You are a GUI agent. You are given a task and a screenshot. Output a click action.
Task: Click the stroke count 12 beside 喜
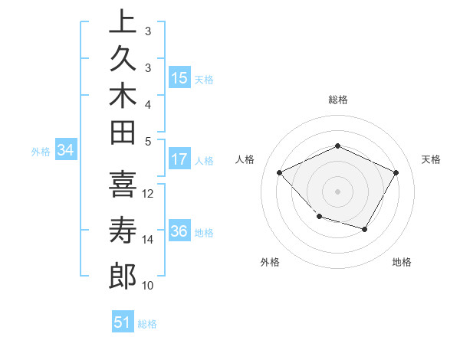148,193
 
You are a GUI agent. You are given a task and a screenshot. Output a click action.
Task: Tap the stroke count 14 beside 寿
148,240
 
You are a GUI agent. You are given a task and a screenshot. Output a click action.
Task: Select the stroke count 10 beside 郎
148,286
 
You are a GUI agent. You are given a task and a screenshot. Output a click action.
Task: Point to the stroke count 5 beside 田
148,141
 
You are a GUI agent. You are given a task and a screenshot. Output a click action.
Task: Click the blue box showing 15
179,78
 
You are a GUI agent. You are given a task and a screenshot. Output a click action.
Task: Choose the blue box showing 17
179,159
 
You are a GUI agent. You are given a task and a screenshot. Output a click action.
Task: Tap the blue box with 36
179,232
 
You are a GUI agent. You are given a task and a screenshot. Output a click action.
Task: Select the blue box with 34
65,151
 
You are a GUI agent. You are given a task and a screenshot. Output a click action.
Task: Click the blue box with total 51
123,322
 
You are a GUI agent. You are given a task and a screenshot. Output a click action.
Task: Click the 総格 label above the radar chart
337,100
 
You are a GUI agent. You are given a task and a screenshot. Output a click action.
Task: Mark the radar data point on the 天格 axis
396,172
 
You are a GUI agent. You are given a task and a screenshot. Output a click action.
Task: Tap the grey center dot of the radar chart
337,191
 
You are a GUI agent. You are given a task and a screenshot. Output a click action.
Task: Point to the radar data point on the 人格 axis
280,172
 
